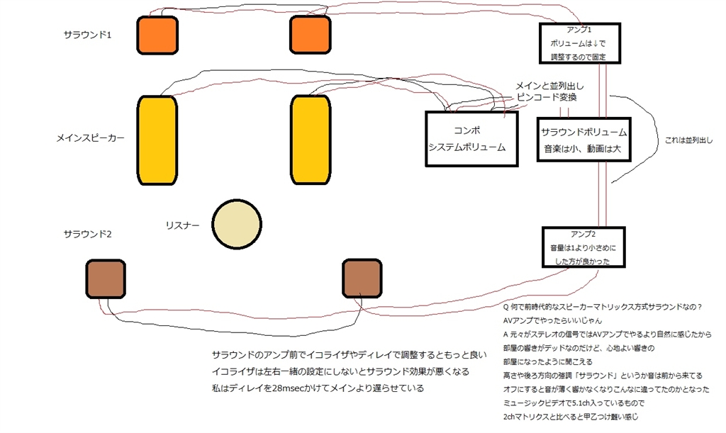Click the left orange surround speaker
(157, 35)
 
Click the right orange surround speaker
(311, 35)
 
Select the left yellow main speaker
(157, 140)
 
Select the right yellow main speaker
(311, 140)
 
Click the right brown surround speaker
(362, 278)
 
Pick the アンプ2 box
(584, 247)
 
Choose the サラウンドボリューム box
(584, 140)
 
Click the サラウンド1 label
(88, 34)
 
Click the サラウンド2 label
(88, 234)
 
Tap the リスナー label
(181, 225)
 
